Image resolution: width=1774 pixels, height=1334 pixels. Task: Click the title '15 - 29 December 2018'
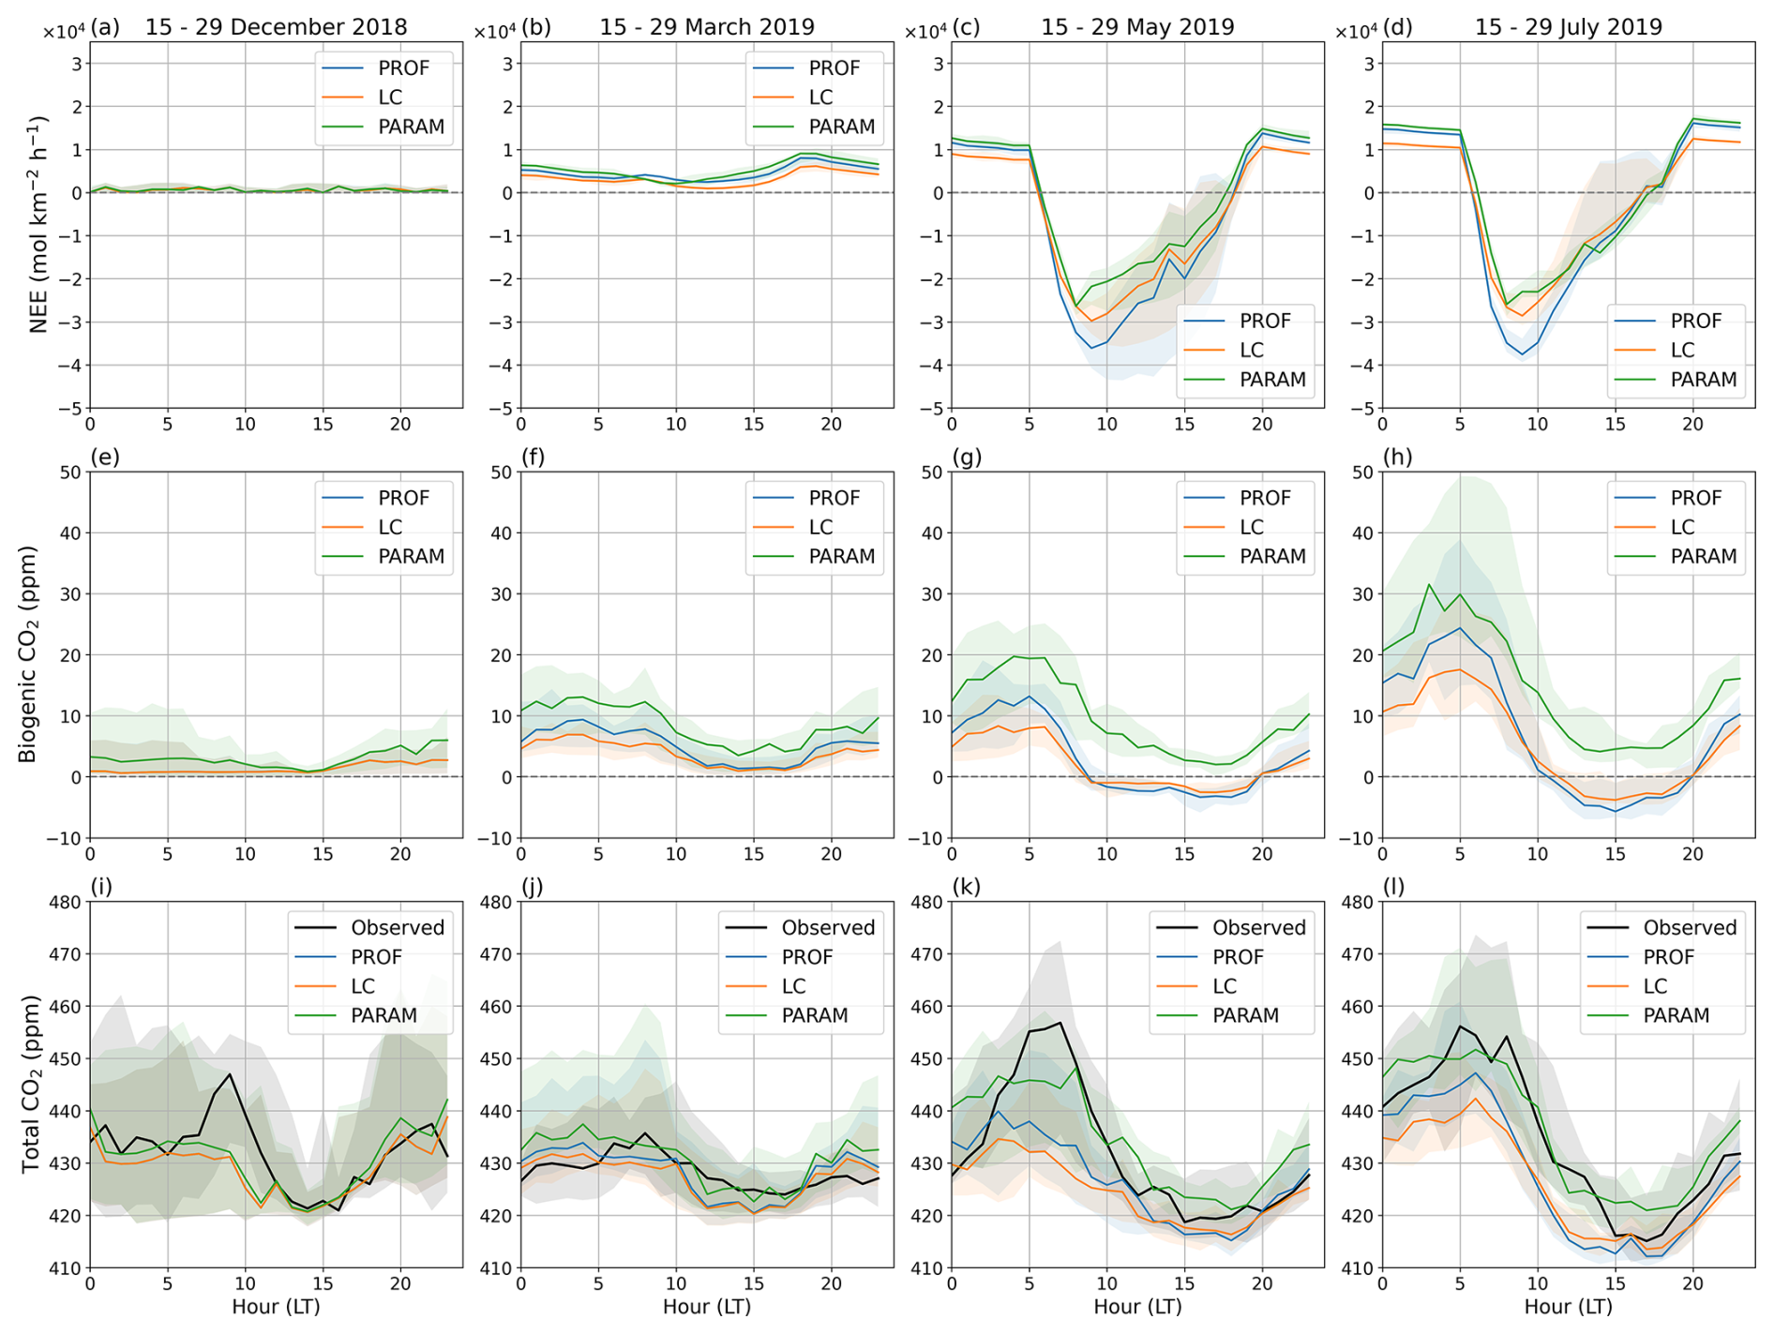[276, 26]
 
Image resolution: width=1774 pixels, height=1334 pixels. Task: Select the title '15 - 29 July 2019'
[1568, 26]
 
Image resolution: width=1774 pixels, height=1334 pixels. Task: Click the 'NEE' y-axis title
[38, 225]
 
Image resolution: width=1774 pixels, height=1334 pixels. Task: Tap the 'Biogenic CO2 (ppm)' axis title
[28, 654]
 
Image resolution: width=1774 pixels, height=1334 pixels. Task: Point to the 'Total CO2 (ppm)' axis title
[30, 1085]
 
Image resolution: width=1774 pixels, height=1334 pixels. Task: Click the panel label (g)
[967, 457]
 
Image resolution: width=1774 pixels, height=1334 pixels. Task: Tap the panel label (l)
[1394, 887]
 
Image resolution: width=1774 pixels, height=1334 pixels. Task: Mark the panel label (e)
[105, 457]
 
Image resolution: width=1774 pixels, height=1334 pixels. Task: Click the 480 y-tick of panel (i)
[68, 902]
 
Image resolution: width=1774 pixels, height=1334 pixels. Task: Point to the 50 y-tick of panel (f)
[502, 472]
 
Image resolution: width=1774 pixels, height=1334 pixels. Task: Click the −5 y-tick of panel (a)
[69, 409]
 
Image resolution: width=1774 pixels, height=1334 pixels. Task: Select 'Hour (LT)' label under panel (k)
[1137, 1307]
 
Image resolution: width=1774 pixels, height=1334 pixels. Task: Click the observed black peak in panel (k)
[1060, 1023]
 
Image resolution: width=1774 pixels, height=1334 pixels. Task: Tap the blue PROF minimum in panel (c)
[1091, 349]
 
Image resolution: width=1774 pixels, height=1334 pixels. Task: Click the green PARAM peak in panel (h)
[1429, 585]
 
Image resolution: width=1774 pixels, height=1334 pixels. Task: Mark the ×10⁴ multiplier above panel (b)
[494, 31]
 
